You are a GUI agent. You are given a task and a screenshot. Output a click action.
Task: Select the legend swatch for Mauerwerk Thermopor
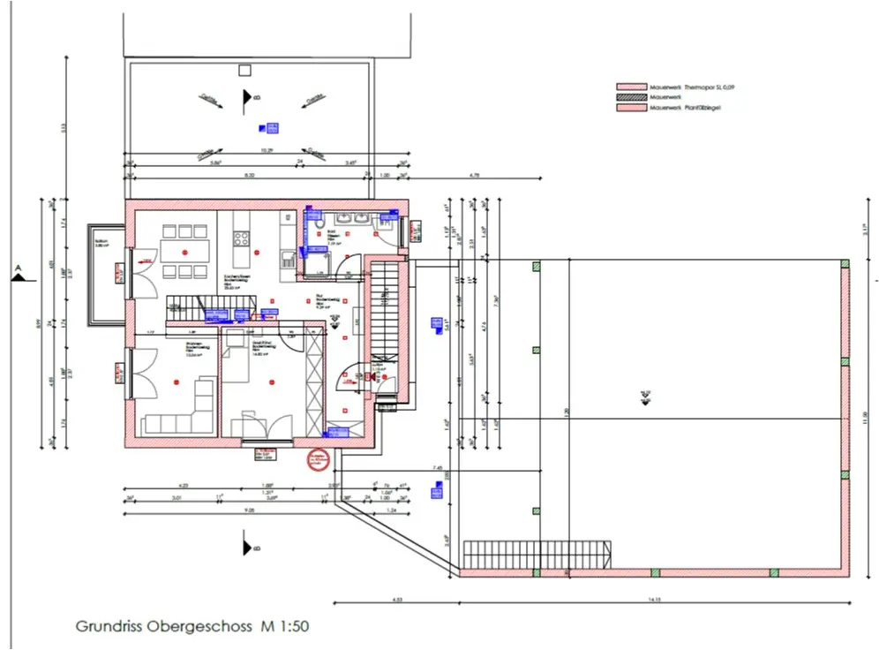(630, 87)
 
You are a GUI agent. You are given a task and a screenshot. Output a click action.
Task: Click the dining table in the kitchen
(184, 251)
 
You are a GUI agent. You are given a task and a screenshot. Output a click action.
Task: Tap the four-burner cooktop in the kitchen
(242, 238)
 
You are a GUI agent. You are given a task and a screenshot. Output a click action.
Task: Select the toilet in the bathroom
(315, 220)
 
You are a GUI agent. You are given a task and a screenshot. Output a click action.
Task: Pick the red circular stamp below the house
(317, 459)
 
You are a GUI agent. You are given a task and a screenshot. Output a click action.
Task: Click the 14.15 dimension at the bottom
(654, 600)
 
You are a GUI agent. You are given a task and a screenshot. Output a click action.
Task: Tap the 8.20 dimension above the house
(249, 176)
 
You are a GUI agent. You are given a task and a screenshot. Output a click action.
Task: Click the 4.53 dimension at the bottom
(396, 600)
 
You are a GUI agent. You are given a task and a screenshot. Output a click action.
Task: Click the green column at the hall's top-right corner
(844, 264)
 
